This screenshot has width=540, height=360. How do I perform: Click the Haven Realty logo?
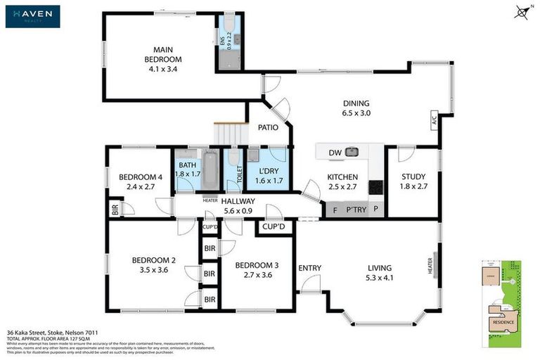point(32,16)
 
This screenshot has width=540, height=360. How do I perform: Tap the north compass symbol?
point(520,11)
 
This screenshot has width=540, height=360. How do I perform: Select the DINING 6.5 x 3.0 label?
point(355,108)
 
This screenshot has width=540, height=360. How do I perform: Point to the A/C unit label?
point(433,119)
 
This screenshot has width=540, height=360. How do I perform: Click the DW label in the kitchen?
point(334,152)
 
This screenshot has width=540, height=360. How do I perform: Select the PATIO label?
point(268,128)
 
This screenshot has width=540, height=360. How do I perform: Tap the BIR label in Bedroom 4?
point(114,210)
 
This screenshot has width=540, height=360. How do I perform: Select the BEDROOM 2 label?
point(153,265)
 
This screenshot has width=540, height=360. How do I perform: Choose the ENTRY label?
point(309,268)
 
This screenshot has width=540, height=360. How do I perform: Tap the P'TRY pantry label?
point(354,209)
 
